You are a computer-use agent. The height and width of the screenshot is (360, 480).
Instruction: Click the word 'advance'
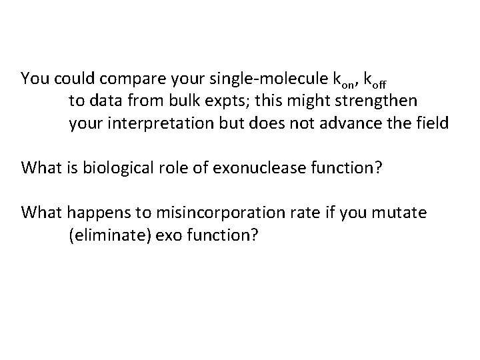tap(351, 125)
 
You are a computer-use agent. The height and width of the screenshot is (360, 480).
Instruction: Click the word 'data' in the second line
tap(100, 102)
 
